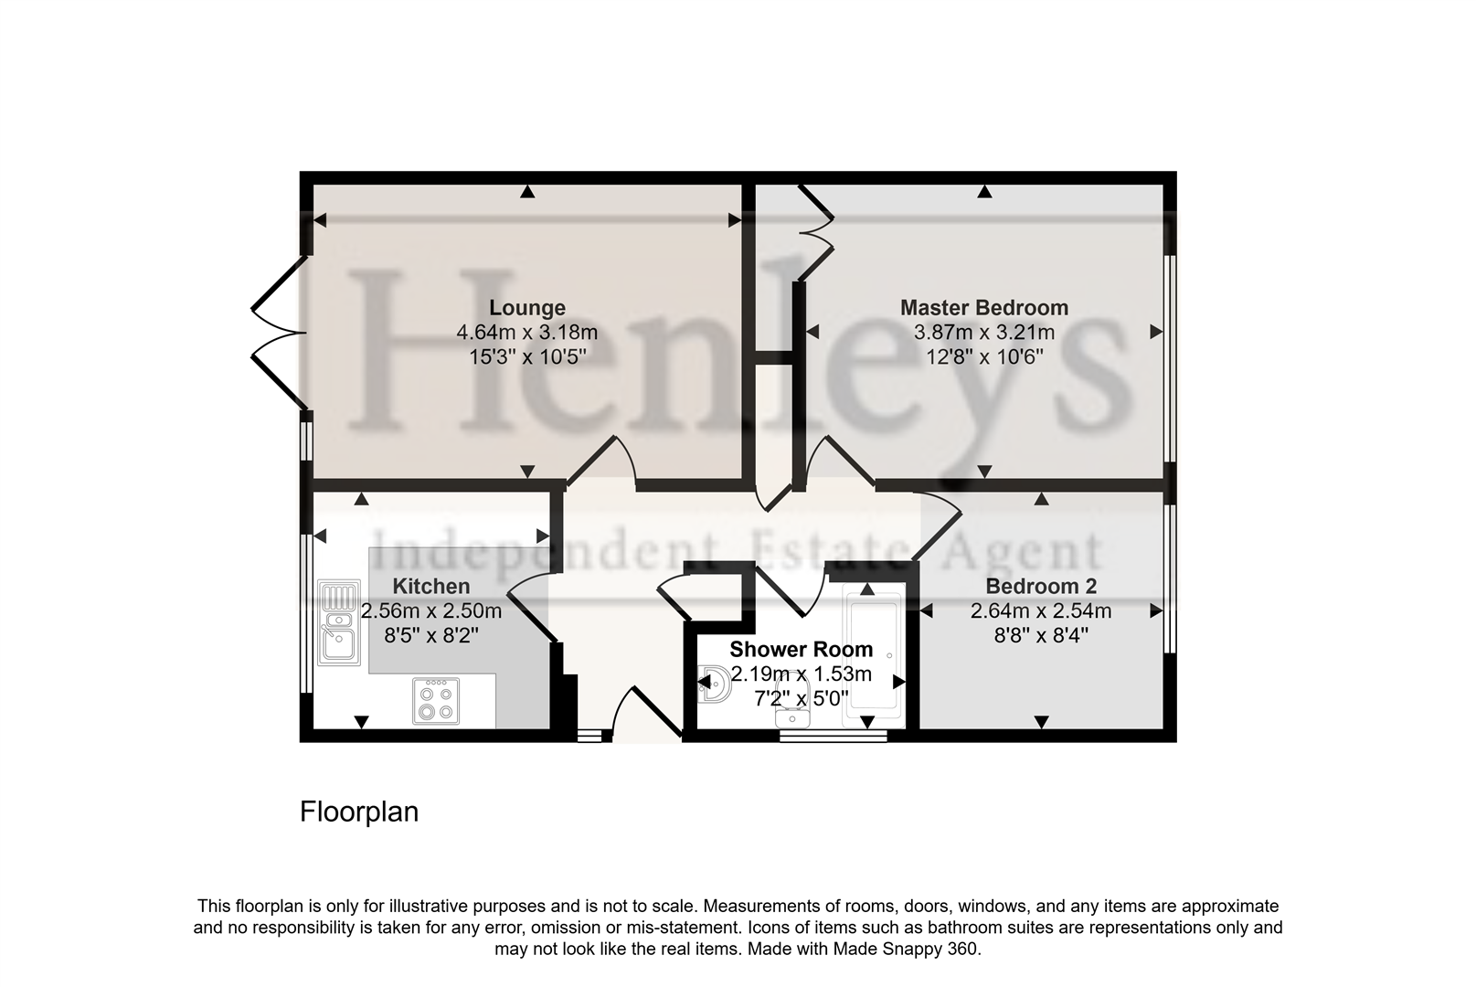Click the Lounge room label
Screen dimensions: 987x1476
tap(527, 308)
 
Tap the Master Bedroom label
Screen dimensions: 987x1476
tap(984, 308)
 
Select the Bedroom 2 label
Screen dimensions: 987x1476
tap(1041, 587)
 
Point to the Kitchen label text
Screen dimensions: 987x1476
tap(431, 587)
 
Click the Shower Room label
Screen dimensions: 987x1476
tap(802, 650)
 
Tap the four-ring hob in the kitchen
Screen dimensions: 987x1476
tap(436, 701)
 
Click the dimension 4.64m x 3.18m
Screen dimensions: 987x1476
tap(527, 333)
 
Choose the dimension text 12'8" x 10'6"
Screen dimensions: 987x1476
tap(984, 356)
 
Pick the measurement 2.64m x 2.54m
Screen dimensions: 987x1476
tap(1041, 610)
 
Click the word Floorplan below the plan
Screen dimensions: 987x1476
tap(359, 812)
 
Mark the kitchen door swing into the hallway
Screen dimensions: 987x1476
tap(530, 603)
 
